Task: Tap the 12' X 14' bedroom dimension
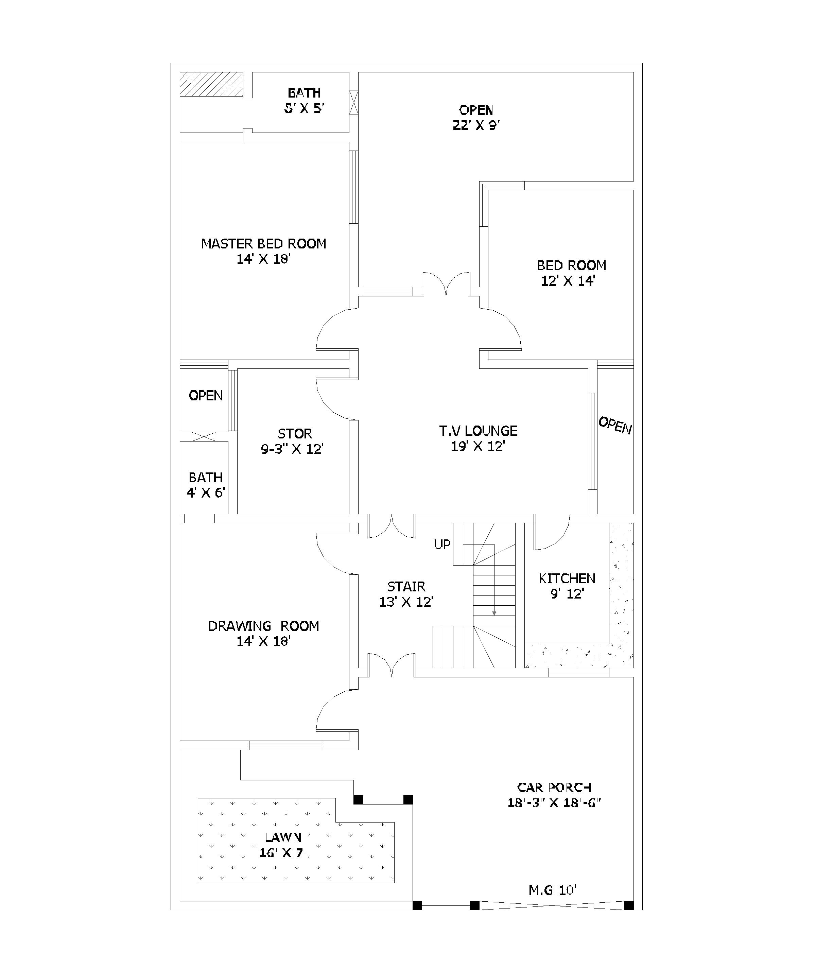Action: [568, 281]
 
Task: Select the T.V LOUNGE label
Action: [478, 431]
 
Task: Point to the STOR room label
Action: [295, 434]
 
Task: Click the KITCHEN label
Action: [567, 578]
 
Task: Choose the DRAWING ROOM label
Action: [264, 626]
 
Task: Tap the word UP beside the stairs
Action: [442, 544]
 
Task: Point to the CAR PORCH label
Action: [554, 787]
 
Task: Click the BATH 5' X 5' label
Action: [305, 100]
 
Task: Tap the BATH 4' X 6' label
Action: [206, 485]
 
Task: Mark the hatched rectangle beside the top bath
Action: [211, 84]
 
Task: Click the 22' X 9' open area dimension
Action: [476, 125]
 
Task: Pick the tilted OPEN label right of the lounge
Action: [615, 426]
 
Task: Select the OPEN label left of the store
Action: [206, 396]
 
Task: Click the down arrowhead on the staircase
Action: [494, 613]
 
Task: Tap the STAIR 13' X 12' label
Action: [406, 594]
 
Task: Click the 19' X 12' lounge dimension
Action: [478, 446]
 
